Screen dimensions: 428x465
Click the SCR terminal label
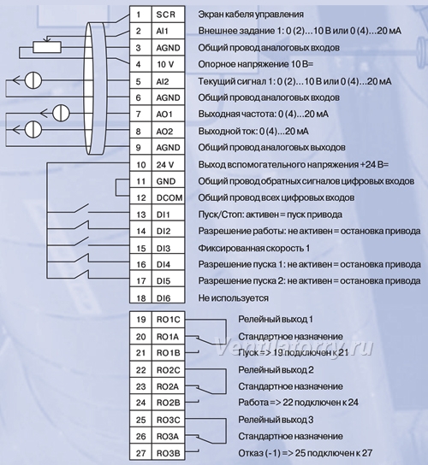tap(166, 15)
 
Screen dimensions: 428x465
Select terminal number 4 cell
tap(140, 64)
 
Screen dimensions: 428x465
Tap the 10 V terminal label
tap(165, 64)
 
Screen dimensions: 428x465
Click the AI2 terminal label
tap(163, 81)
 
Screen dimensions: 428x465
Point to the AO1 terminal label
tap(164, 115)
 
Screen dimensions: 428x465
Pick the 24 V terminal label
tap(165, 164)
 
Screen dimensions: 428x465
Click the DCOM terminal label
tap(169, 197)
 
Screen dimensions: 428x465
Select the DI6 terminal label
tap(163, 297)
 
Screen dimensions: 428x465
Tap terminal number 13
tap(140, 215)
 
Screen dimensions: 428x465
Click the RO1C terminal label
tap(168, 320)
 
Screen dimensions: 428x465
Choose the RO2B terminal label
tap(168, 403)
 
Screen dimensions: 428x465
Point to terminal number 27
tap(140, 453)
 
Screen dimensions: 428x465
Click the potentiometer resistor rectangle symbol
tap(47, 47)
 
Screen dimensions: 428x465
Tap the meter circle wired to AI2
tap(33, 80)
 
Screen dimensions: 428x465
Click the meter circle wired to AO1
tap(61, 113)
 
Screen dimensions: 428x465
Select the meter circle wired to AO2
tap(33, 130)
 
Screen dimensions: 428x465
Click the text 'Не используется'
tap(233, 297)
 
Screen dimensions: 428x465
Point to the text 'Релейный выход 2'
tap(276, 370)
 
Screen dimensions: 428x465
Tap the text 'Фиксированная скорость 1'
tap(254, 248)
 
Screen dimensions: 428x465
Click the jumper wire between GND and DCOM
tap(116, 187)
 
